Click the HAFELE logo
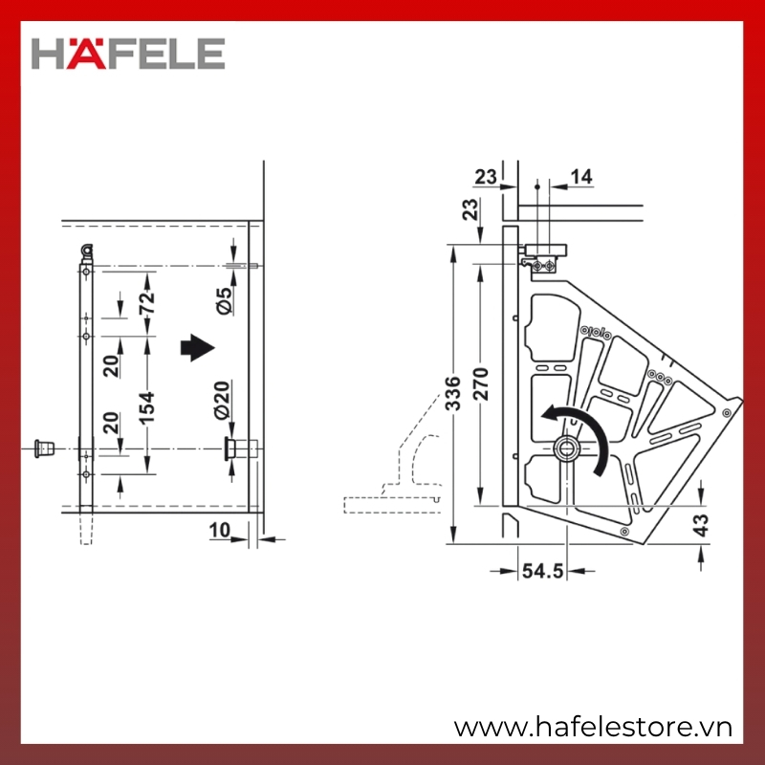tap(128, 54)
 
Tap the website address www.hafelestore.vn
tap(593, 727)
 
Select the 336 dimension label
tap(453, 393)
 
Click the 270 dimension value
tap(481, 384)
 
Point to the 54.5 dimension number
tap(542, 570)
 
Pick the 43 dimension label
tap(701, 525)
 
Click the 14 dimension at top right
tap(581, 177)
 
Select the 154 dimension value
tap(146, 407)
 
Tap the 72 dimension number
tap(146, 302)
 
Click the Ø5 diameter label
tap(224, 300)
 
